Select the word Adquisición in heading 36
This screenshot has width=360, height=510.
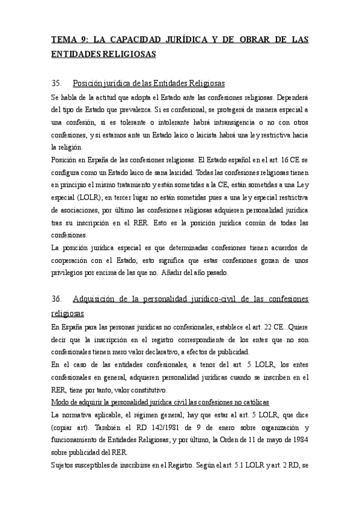coord(99,299)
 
